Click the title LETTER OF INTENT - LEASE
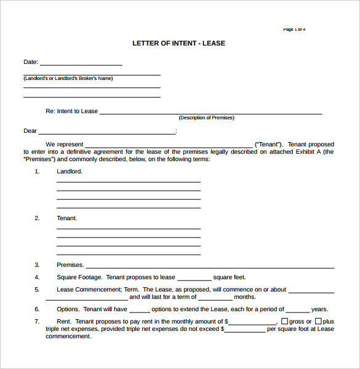click(x=179, y=43)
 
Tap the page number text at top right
click(x=294, y=30)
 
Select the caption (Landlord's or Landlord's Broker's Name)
click(x=68, y=79)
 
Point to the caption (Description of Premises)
click(x=206, y=117)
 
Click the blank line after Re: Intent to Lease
click(x=210, y=113)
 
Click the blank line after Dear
click(x=107, y=132)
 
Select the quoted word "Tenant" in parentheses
click(x=269, y=144)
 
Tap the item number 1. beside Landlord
click(x=37, y=172)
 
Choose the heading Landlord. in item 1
click(x=70, y=172)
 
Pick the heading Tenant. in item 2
click(x=67, y=218)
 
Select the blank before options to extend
click(x=140, y=311)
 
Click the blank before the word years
click(x=298, y=311)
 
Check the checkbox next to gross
click(x=284, y=321)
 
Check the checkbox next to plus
click(x=318, y=321)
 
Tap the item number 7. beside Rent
click(x=37, y=322)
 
